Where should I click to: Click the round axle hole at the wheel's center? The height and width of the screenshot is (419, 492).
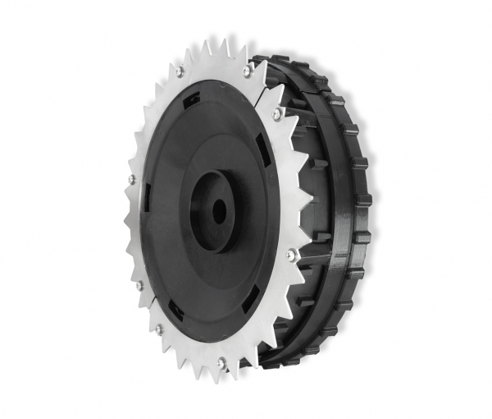[x=219, y=210]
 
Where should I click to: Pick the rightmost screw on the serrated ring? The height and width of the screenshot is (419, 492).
[x=290, y=256]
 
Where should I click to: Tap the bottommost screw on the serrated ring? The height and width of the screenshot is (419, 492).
[x=221, y=361]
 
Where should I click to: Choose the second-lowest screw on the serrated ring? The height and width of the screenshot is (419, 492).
[x=158, y=329]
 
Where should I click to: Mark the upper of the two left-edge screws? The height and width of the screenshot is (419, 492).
[x=132, y=178]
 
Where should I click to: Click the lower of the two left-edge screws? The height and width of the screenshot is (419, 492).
[x=139, y=286]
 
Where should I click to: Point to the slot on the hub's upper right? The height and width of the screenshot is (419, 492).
[x=264, y=150]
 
